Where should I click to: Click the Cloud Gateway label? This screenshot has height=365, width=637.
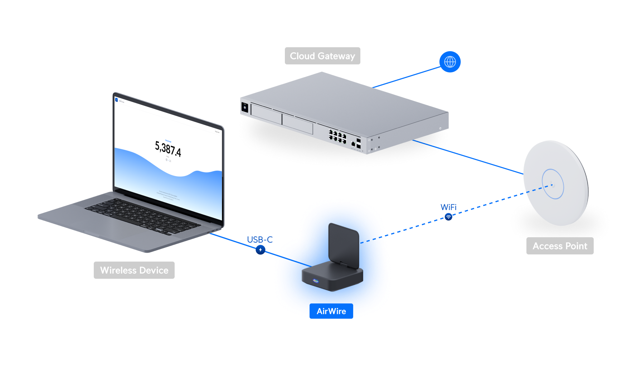(x=322, y=56)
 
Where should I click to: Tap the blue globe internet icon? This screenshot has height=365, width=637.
(x=450, y=62)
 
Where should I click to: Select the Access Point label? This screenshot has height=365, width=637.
(x=560, y=246)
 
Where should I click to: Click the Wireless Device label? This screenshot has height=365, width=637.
(x=134, y=270)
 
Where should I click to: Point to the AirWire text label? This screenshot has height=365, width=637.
(x=331, y=311)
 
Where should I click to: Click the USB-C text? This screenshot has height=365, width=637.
(x=260, y=240)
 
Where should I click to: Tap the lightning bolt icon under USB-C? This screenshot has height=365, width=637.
(x=261, y=250)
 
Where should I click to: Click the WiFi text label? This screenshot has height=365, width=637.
(x=448, y=207)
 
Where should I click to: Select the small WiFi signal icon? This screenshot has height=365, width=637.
(x=448, y=217)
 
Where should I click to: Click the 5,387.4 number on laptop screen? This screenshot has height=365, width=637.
(x=168, y=149)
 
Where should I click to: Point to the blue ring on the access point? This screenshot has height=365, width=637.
(x=553, y=184)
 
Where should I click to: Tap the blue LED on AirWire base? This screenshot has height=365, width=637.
(x=316, y=281)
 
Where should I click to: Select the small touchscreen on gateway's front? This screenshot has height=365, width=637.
(x=245, y=107)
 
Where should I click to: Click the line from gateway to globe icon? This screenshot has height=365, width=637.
(x=406, y=77)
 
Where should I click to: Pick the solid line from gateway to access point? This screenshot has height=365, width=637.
(x=469, y=157)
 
